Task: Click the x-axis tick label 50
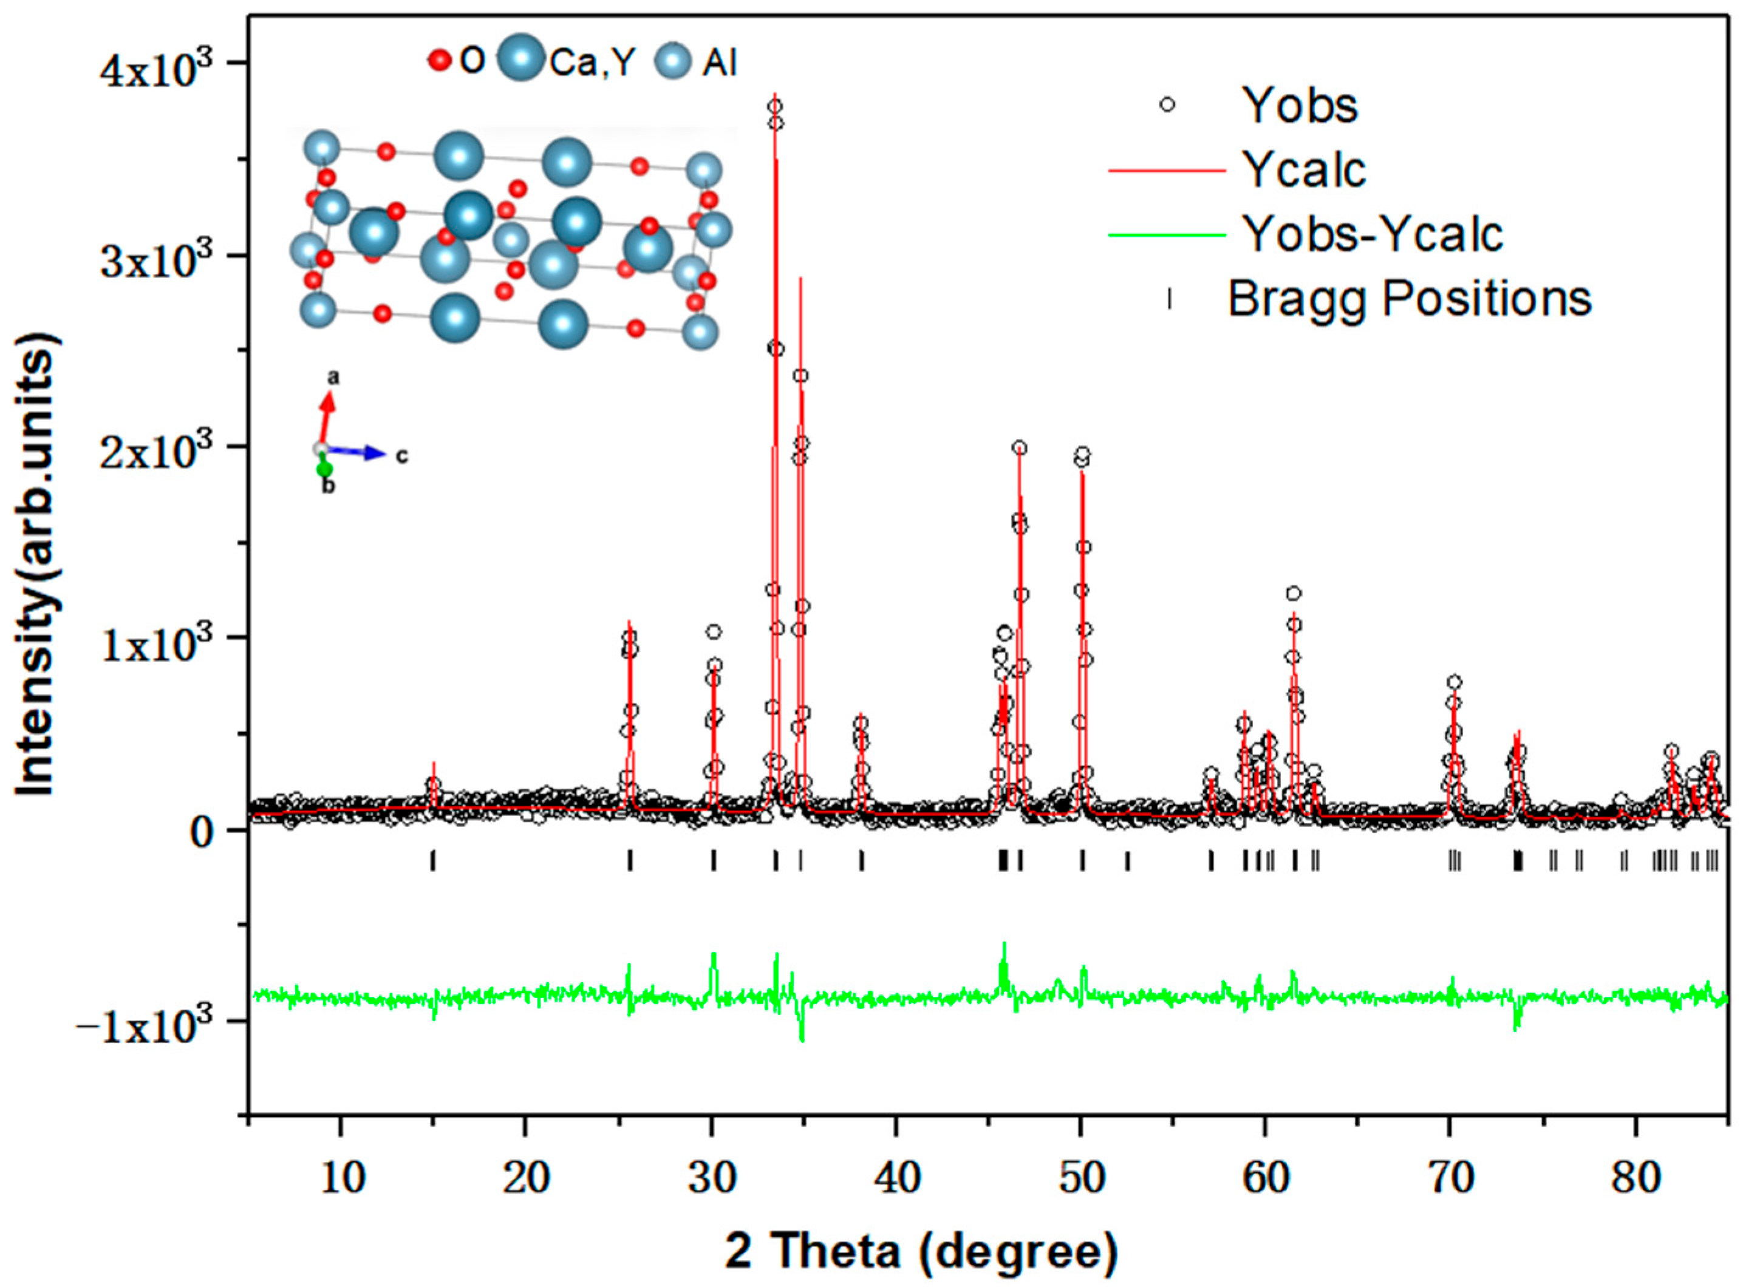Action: click(1082, 1179)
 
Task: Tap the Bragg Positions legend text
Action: click(1410, 299)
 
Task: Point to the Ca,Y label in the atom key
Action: click(592, 63)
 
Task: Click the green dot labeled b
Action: click(324, 469)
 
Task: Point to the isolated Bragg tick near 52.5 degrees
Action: click(1127, 860)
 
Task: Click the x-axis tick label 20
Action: click(525, 1179)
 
